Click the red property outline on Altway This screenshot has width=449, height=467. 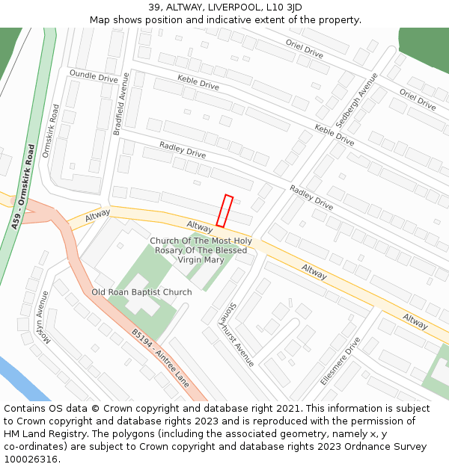point(224,211)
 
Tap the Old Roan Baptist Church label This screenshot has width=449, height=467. point(141,292)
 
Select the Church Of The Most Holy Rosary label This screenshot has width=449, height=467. point(201,250)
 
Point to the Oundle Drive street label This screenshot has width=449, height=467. point(94,76)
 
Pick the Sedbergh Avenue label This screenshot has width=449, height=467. point(357,99)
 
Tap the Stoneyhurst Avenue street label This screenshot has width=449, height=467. point(236,334)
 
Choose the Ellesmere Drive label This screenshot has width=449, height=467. point(340,360)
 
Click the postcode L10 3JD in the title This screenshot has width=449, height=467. point(285,7)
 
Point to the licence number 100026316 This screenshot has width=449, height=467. point(32,460)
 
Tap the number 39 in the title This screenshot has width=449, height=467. point(154,7)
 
